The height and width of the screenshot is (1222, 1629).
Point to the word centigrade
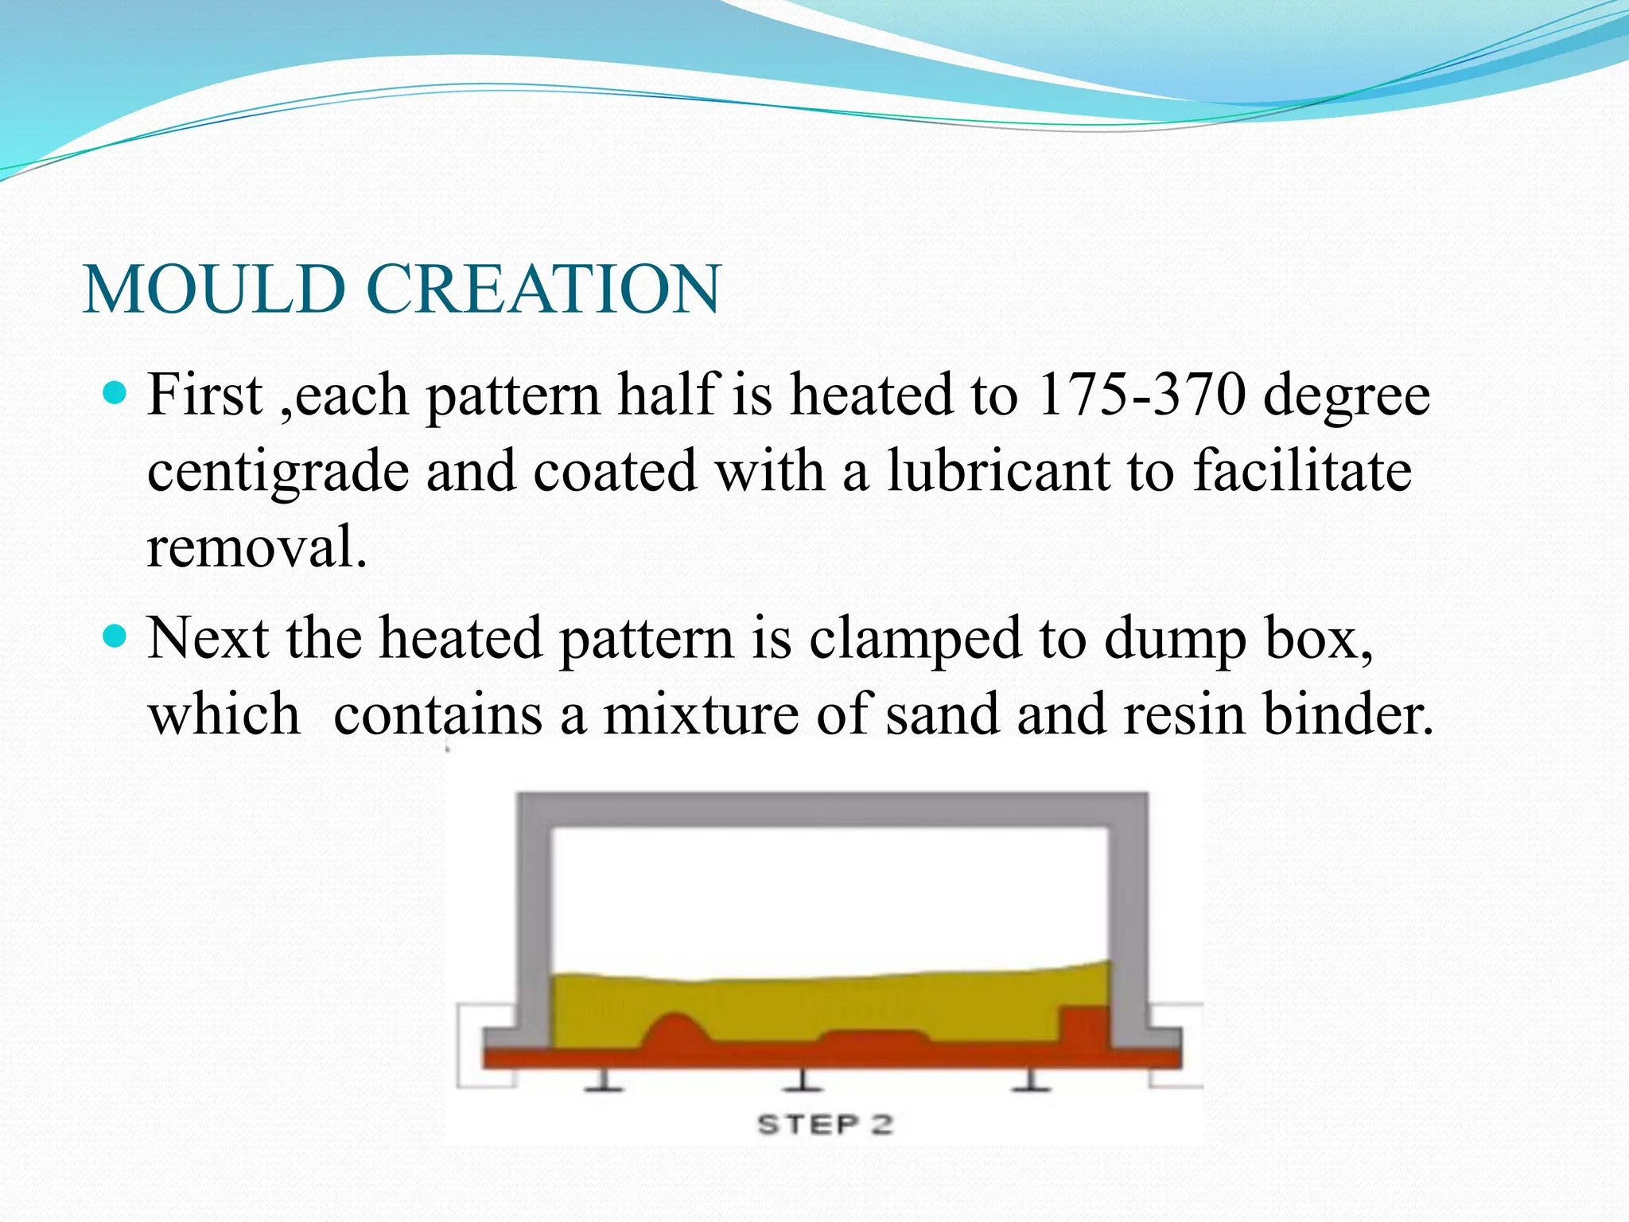coord(276,473)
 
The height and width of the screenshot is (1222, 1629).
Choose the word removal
coord(256,547)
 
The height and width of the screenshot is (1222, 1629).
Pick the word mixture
coord(701,714)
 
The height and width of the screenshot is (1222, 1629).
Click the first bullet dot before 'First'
coord(115,393)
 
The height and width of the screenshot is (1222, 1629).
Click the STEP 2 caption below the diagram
coord(825,1124)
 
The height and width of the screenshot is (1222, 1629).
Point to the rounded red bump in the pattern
coord(676,1033)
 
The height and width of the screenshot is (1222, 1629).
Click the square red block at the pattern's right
coord(1085,1025)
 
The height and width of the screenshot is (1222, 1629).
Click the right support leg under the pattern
coord(1031,1080)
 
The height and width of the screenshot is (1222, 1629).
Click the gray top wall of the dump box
coord(831,810)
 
